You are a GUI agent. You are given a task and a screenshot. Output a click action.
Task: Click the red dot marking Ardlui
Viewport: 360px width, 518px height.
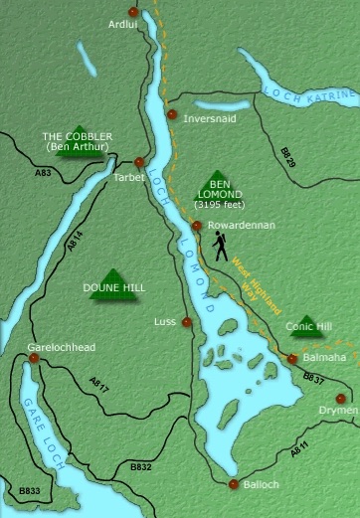pos(132,12)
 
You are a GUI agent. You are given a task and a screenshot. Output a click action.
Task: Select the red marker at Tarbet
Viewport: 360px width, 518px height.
pos(138,161)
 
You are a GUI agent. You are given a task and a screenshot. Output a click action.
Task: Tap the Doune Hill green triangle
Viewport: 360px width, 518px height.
pos(112,273)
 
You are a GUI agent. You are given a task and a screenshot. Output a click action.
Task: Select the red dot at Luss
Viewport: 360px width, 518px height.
pos(185,322)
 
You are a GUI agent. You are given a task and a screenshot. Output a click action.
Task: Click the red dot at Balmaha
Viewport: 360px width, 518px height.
pos(291,359)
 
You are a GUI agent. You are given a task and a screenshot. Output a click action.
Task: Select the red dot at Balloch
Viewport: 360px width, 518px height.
pos(233,484)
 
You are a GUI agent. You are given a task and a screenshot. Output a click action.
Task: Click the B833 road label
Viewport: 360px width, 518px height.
pos(31,490)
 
